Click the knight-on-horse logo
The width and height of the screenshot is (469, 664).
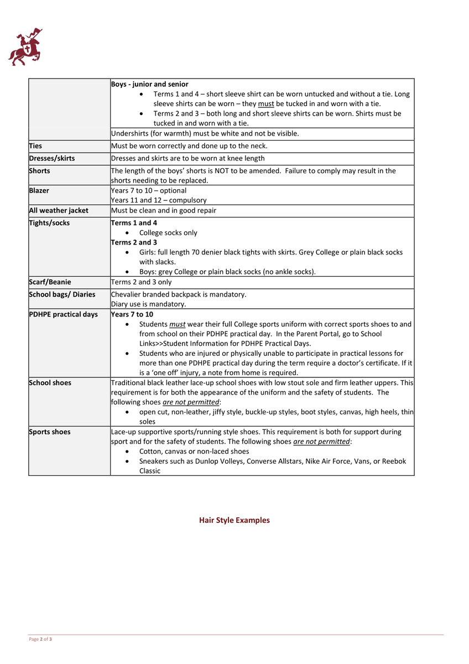click(25, 47)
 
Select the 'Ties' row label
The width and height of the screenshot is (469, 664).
click(35, 146)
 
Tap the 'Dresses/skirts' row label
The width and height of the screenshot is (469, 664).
click(51, 158)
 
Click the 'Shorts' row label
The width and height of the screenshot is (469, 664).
click(39, 171)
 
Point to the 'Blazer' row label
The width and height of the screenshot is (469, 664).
click(39, 190)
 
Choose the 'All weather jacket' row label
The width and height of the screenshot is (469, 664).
click(59, 210)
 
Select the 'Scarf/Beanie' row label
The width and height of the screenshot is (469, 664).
click(50, 282)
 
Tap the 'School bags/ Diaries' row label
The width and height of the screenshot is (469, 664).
click(62, 294)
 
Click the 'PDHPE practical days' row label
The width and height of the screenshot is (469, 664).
click(63, 314)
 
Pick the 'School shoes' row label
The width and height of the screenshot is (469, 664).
click(50, 383)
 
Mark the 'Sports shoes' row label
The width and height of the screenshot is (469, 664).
click(50, 432)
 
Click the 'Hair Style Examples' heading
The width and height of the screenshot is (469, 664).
click(234, 520)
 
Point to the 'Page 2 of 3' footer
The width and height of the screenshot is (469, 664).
click(40, 640)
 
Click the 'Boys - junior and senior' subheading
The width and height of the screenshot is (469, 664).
click(149, 84)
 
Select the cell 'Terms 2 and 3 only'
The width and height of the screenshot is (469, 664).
click(141, 282)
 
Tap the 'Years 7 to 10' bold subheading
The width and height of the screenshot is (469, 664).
click(132, 314)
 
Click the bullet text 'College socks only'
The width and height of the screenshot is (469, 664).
click(168, 233)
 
